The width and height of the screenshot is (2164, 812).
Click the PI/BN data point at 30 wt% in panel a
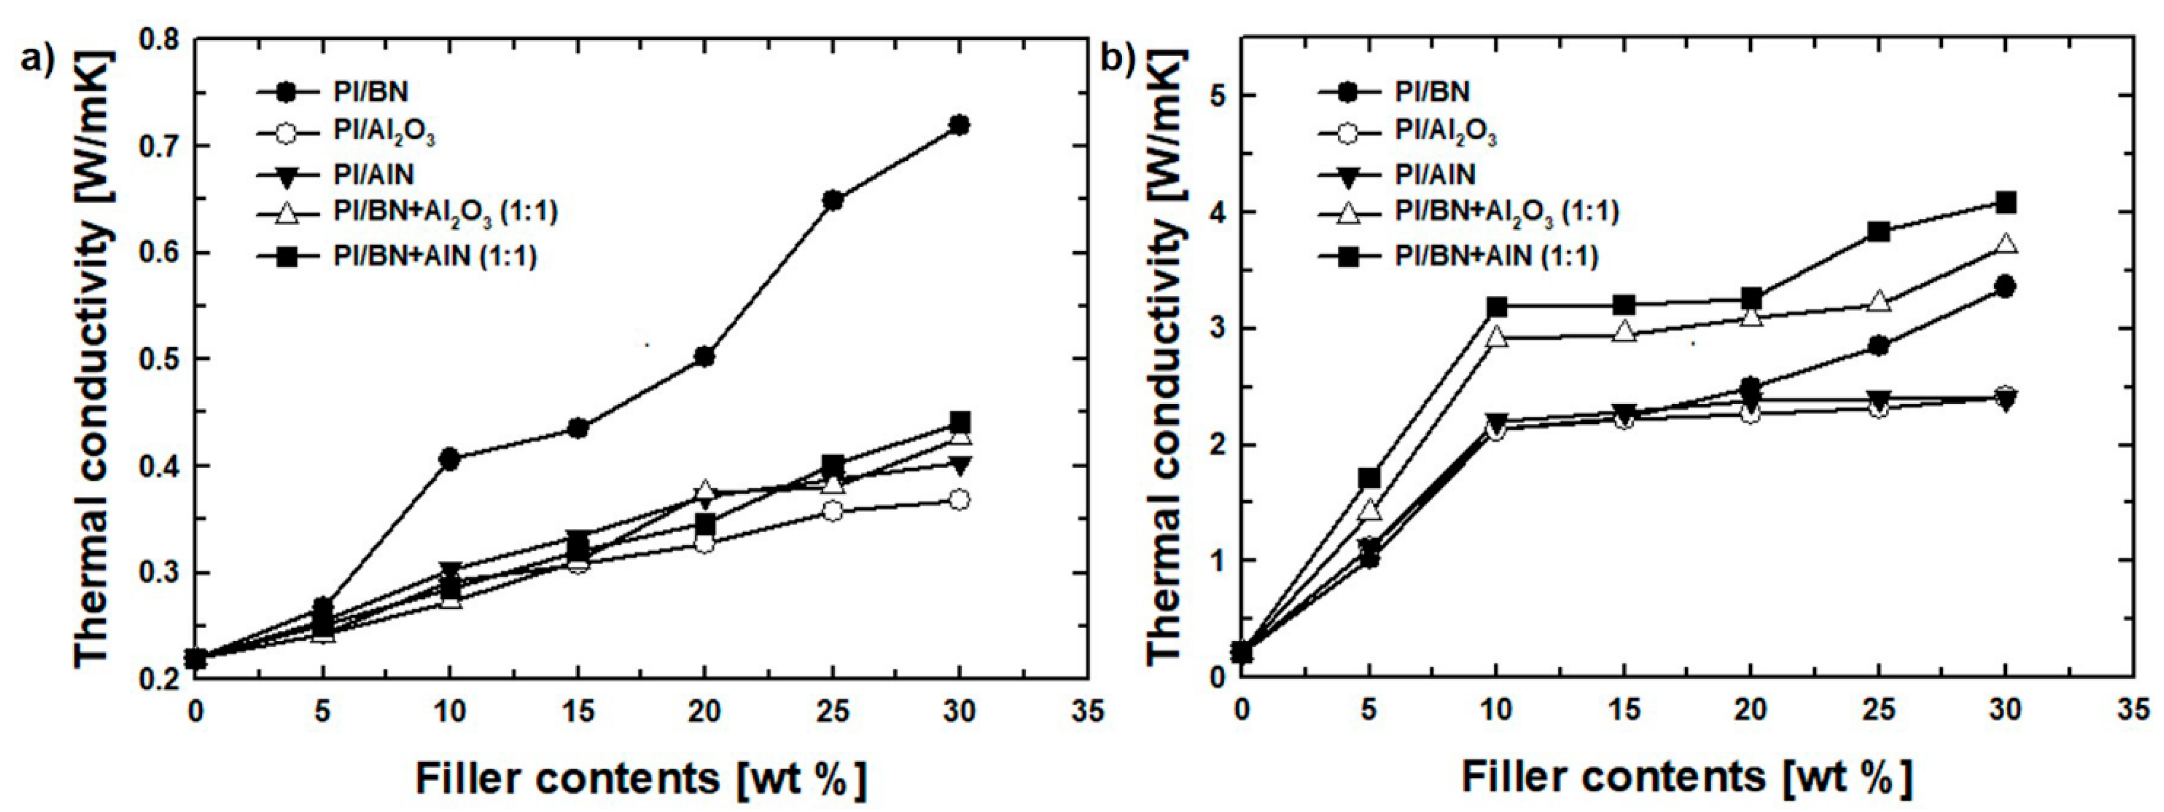(959, 125)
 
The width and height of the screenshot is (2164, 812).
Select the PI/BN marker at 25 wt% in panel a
(832, 200)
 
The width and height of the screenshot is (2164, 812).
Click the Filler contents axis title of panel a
(640, 778)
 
